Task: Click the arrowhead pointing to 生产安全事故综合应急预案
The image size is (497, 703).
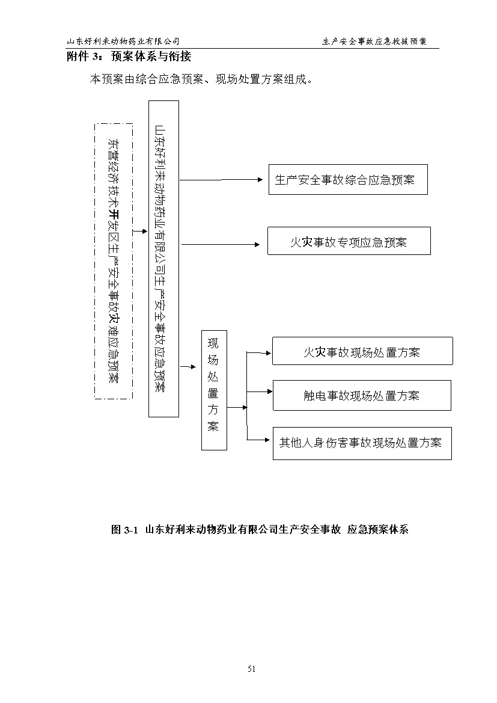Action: [x=260, y=180]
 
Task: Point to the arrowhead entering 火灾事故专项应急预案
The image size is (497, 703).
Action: [x=257, y=244]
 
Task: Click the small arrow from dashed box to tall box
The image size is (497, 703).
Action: [x=140, y=232]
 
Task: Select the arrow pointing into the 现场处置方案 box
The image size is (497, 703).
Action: [x=188, y=367]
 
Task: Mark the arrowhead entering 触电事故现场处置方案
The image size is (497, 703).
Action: [x=269, y=391]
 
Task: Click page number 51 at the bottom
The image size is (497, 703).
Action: [x=251, y=669]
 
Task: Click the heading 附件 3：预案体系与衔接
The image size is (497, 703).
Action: [x=129, y=57]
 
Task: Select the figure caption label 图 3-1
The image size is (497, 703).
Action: [x=124, y=529]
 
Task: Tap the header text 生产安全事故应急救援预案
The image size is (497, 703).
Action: [x=374, y=41]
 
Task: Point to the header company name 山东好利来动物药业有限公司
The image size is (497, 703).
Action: [x=123, y=41]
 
